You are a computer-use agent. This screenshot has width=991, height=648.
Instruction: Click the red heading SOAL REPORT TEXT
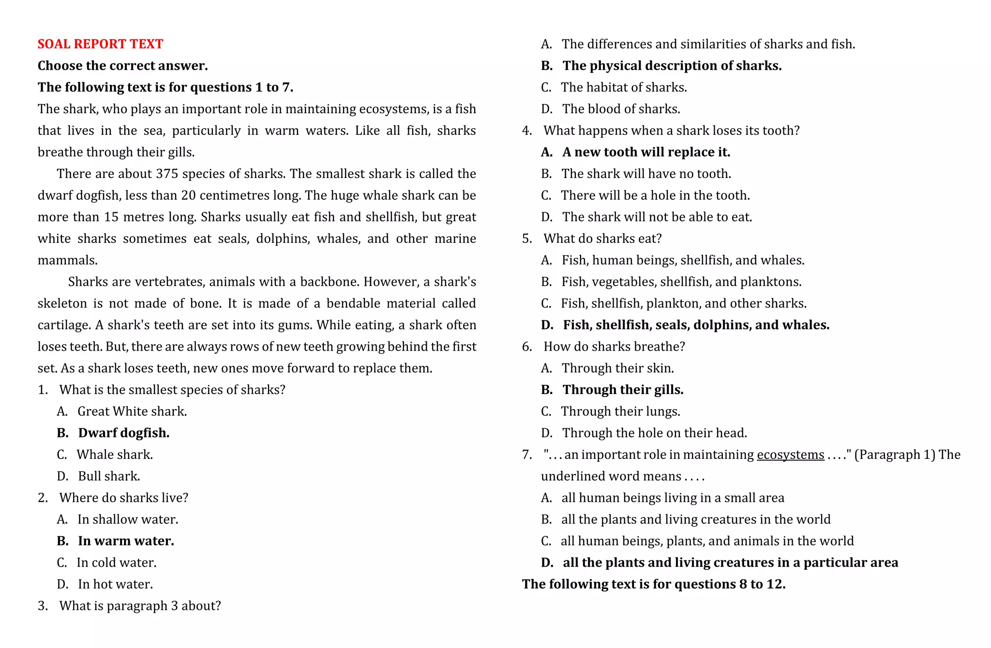(100, 44)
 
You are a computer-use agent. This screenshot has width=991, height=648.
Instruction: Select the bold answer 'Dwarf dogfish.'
(123, 433)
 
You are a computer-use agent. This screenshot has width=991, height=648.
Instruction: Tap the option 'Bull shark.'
(109, 476)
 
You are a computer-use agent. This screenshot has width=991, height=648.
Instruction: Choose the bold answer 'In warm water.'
(126, 541)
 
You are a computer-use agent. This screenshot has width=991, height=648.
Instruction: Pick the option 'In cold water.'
(116, 563)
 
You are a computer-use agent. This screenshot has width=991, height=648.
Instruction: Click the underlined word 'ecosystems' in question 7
(790, 455)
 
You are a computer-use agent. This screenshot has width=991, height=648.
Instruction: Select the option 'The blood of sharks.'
(621, 109)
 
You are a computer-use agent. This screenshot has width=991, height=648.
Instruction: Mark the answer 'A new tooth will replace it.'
(646, 152)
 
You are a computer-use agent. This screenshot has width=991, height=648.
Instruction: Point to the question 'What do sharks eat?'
(602, 239)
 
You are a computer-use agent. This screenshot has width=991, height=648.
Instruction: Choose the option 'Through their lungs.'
(620, 412)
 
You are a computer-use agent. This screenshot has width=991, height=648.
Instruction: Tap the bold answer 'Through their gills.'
(623, 390)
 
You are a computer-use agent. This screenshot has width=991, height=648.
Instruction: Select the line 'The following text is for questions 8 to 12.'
(653, 584)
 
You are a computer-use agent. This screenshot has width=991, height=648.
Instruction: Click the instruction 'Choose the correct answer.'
(123, 66)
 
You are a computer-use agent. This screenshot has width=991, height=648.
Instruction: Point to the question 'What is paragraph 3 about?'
(140, 606)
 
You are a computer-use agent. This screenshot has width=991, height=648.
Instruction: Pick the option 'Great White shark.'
(132, 412)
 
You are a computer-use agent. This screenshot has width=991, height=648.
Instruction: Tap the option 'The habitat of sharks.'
(624, 88)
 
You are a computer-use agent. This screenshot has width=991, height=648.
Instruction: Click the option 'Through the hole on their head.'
(654, 433)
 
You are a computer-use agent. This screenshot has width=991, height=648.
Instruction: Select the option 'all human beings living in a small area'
(673, 498)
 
